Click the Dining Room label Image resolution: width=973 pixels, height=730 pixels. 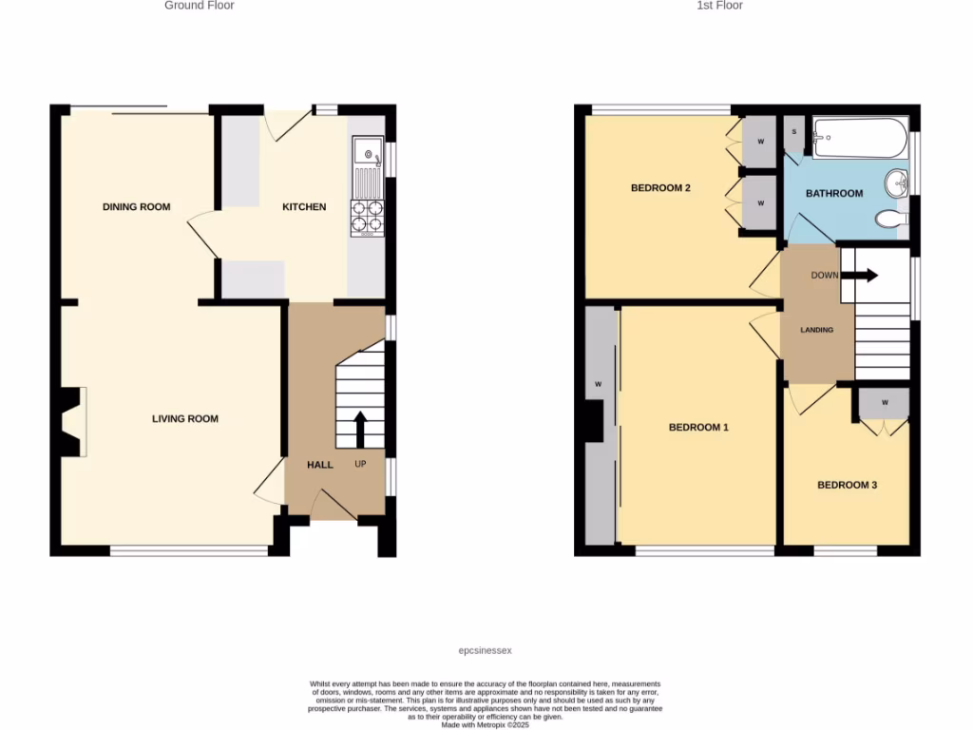click(x=136, y=206)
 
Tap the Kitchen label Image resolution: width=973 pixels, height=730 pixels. click(x=304, y=206)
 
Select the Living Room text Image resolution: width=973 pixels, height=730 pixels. click(x=185, y=418)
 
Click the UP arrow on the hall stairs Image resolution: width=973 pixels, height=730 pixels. click(x=361, y=430)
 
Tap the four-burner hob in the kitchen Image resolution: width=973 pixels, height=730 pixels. click(x=368, y=218)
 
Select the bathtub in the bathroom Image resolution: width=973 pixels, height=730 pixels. click(x=859, y=137)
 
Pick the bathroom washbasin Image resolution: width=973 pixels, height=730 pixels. click(x=897, y=182)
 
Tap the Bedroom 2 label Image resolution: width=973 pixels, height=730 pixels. click(x=660, y=188)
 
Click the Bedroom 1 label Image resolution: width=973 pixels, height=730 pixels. click(x=698, y=427)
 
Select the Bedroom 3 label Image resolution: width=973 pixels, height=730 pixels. click(x=847, y=485)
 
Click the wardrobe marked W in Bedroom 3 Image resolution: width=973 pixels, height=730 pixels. click(x=884, y=402)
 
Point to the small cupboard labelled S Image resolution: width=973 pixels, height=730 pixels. click(x=793, y=132)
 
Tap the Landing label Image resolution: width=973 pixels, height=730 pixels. click(x=816, y=330)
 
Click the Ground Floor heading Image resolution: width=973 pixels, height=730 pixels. click(x=200, y=6)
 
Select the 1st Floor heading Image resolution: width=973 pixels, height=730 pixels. click(x=720, y=6)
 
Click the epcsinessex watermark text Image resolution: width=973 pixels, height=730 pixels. click(x=485, y=650)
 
